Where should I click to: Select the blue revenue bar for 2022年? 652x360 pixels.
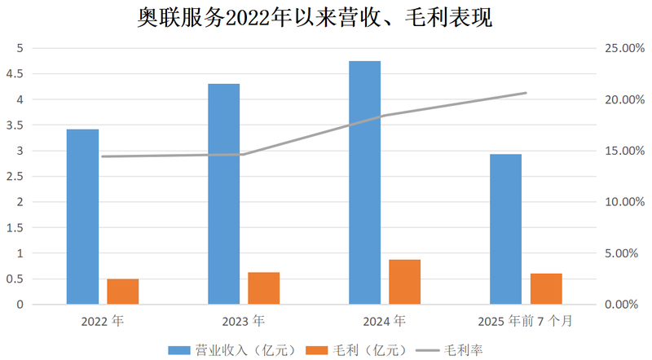pos(82,217)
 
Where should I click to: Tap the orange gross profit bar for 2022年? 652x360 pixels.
pos(123,292)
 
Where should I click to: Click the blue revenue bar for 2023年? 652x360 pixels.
pos(223,194)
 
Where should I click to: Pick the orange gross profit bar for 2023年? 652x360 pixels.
pos(264,288)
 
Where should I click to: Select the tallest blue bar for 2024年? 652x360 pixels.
pos(364,182)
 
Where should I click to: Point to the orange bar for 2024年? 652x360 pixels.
pos(405,282)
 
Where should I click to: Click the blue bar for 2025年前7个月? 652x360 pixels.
pos(505,229)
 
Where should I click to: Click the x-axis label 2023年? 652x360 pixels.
pos(243,321)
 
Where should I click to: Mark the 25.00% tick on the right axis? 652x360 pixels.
pos(621,49)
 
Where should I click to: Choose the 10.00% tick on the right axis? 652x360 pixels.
pos(621,202)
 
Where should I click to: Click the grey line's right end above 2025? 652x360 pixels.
pos(526,93)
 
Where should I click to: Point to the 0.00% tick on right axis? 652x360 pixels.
pos(623,305)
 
